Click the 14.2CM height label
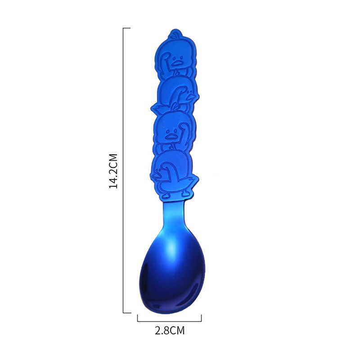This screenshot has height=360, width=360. pos(113,171)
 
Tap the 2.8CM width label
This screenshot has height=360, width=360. pos(170,331)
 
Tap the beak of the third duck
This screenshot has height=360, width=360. pos(170,136)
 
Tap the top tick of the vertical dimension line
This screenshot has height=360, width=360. pos(127,28)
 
